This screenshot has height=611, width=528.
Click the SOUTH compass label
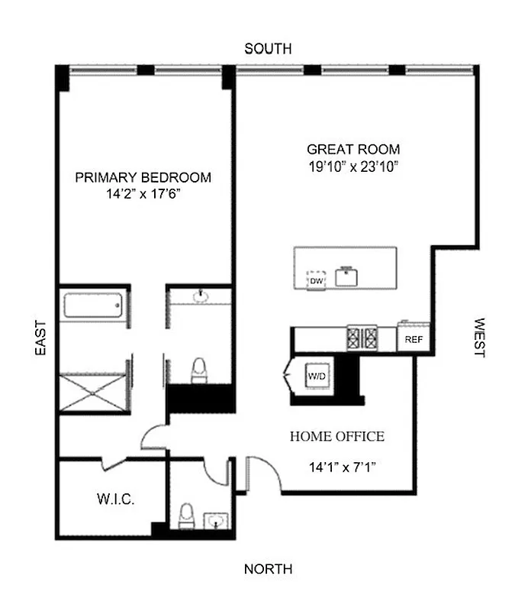pos(267,49)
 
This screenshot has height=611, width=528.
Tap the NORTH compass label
pos(267,569)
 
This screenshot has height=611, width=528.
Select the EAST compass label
pos(40,338)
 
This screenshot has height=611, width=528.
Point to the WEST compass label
pos(480,338)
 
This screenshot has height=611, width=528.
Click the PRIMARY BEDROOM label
pos(143,177)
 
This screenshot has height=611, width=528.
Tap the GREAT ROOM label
pos(353,149)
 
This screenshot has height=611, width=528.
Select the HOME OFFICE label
pos(336,437)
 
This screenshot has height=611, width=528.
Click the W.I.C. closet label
pos(115,500)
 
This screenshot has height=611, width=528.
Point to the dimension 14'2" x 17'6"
pos(143,195)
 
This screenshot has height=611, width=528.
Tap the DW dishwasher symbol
pos(316,281)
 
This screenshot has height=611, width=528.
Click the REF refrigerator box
pos(414,339)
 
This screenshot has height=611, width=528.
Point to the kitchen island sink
pos(349,276)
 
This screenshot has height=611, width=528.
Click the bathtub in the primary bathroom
pos(92,306)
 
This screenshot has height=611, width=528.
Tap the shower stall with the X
pos(92,394)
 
